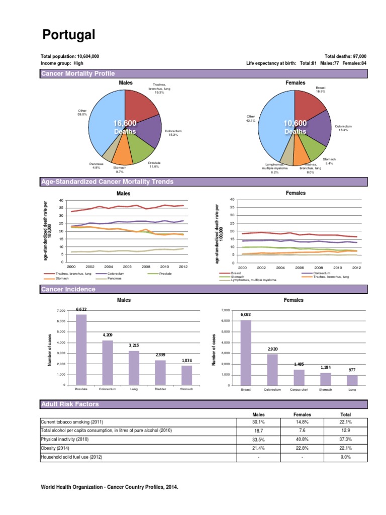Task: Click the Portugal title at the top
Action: (x=68, y=35)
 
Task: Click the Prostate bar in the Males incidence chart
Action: (x=81, y=350)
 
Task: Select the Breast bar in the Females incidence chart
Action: (x=246, y=353)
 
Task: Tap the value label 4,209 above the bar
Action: (x=108, y=334)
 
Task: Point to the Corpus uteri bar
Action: (x=299, y=377)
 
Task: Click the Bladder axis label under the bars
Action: (x=160, y=389)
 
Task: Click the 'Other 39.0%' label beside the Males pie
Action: (x=82, y=112)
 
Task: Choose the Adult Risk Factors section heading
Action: (x=70, y=404)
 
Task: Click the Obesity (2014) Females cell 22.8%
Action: (x=302, y=448)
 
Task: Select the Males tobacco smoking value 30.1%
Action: (x=258, y=422)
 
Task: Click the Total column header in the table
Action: (x=346, y=414)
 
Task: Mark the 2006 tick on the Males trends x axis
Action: (x=128, y=267)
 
